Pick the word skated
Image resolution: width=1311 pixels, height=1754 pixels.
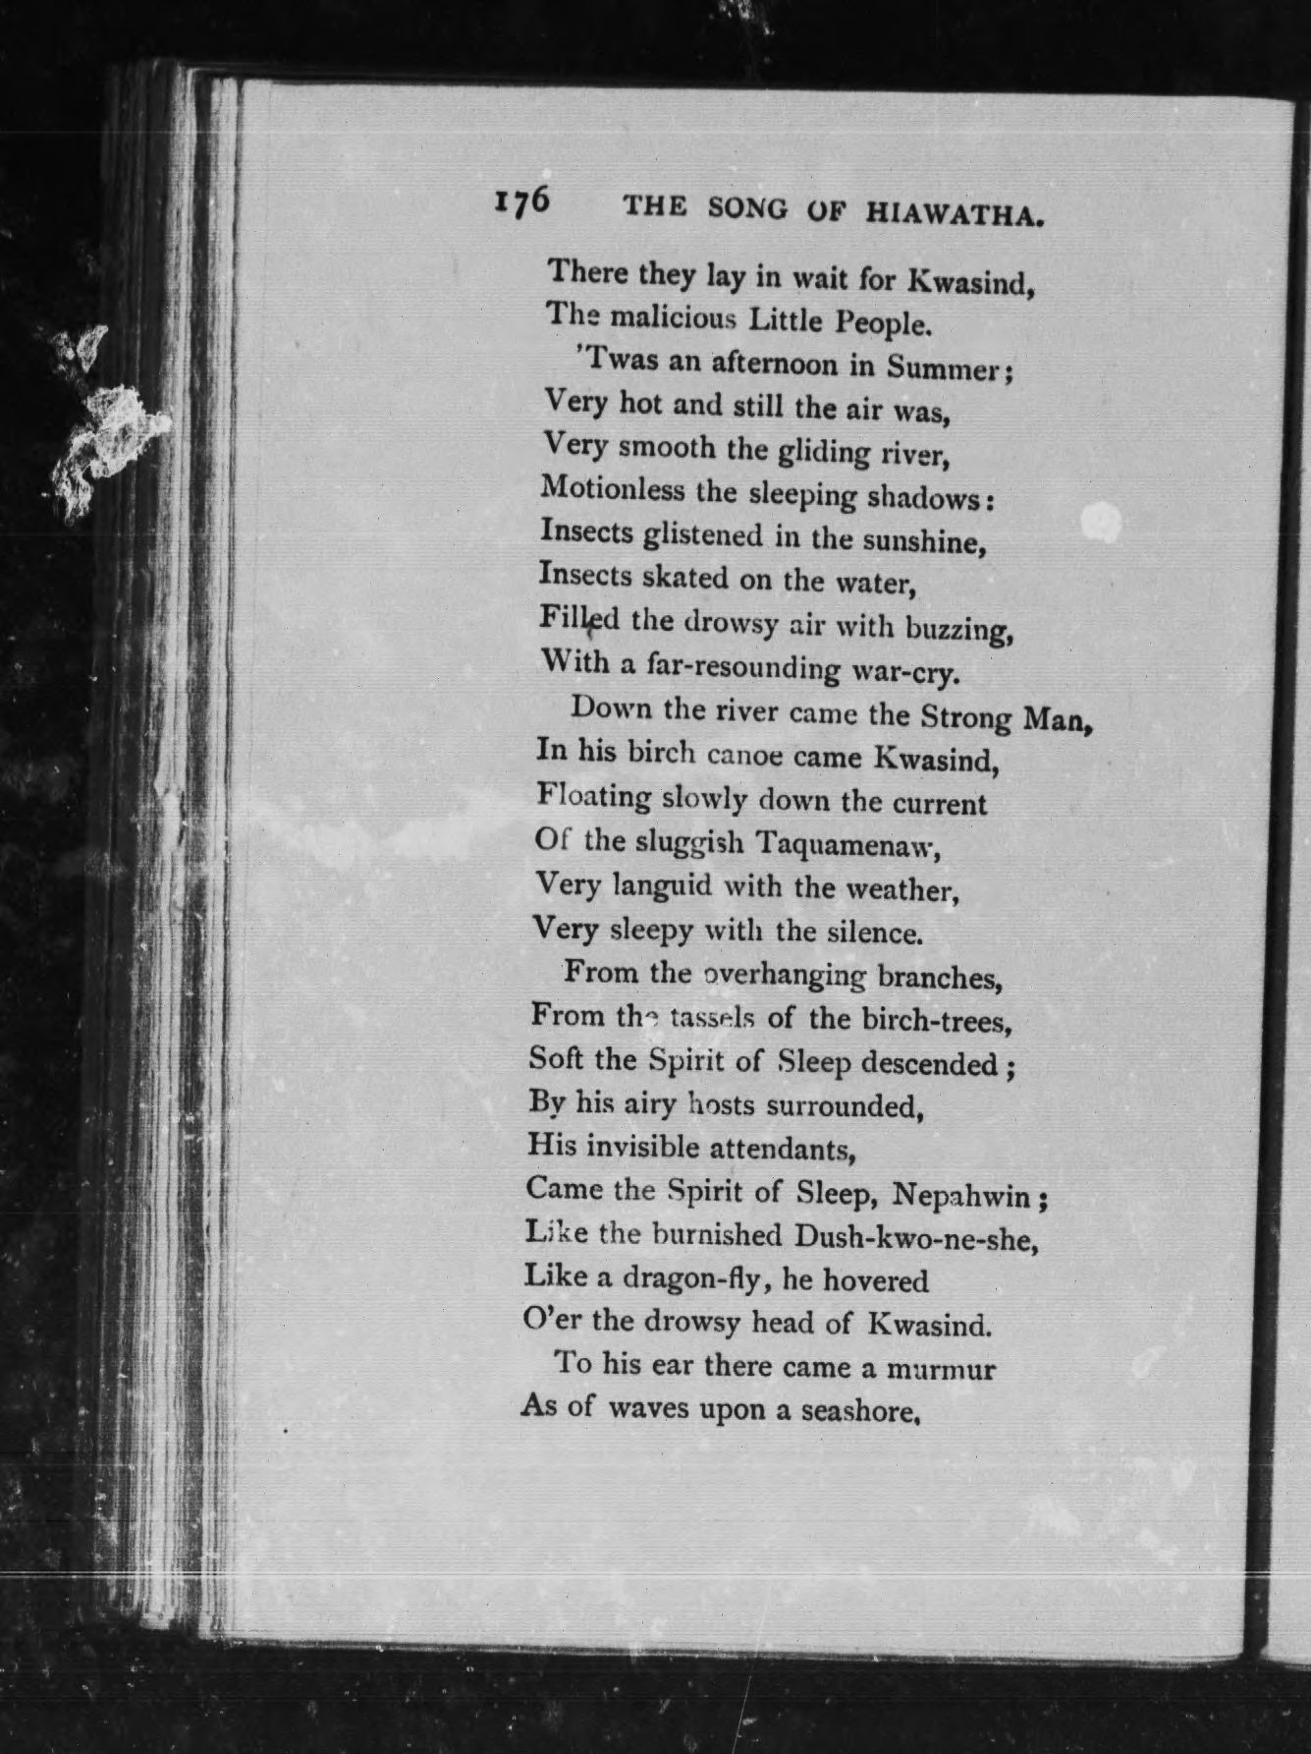(x=686, y=577)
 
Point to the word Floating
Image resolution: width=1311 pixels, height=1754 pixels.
(x=594, y=796)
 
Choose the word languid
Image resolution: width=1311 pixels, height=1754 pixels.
(x=663, y=886)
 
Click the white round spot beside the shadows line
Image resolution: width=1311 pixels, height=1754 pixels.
(x=1101, y=522)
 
